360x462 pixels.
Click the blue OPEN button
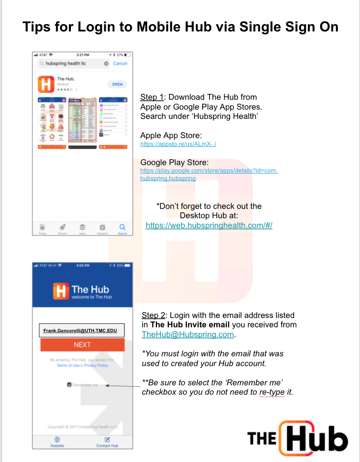pyautogui.click(x=117, y=85)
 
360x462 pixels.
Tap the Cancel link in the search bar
pyautogui.click(x=120, y=63)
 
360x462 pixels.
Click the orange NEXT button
pyautogui.click(x=82, y=345)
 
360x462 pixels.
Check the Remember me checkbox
pyautogui.click(x=70, y=385)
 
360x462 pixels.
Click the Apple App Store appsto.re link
pyautogui.click(x=178, y=144)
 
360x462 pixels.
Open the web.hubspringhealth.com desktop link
pyautogui.click(x=209, y=225)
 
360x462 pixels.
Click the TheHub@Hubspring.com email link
pyautogui.click(x=187, y=334)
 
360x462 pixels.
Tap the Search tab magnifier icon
pyautogui.click(x=122, y=227)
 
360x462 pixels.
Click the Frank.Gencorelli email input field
pyautogui.click(x=82, y=330)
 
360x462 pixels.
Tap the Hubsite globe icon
pyautogui.click(x=57, y=439)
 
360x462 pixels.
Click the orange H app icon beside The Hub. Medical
pyautogui.click(x=46, y=84)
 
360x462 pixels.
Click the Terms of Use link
pyautogui.click(x=67, y=366)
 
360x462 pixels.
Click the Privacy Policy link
pyautogui.click(x=96, y=366)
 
